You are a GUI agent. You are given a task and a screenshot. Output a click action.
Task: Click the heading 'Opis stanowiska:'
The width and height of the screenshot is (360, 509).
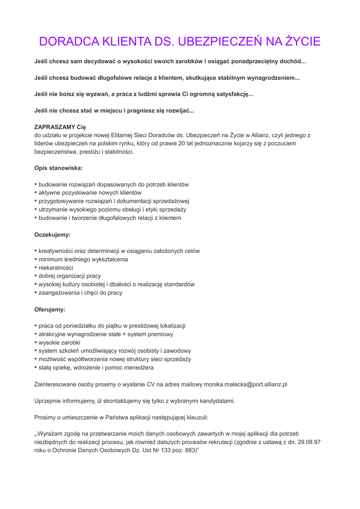coord(58,168)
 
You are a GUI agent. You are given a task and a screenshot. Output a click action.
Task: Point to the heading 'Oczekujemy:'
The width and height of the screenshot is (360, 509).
coord(52,234)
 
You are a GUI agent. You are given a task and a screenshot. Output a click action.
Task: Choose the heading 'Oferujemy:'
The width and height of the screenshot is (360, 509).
coord(50,309)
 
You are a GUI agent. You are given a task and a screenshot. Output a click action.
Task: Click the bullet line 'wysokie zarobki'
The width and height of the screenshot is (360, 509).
coord(59,342)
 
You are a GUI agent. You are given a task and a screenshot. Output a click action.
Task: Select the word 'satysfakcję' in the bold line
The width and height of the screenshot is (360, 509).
coord(232,94)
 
